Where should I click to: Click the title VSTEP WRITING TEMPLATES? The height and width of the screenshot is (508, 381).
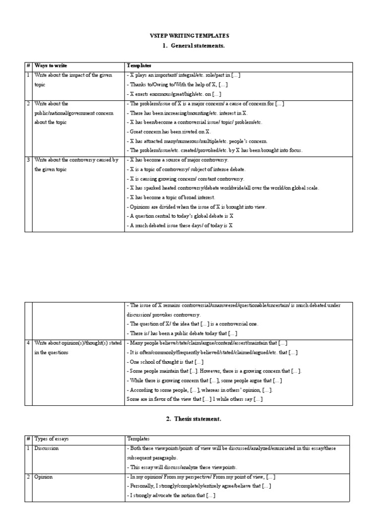click(x=190, y=36)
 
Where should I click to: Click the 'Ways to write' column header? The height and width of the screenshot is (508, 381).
click(x=51, y=65)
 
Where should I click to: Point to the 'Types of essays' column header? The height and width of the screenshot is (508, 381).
click(x=52, y=439)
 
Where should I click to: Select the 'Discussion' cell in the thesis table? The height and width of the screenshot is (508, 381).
click(x=46, y=448)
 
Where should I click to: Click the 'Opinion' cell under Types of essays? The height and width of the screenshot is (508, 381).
click(x=43, y=477)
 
